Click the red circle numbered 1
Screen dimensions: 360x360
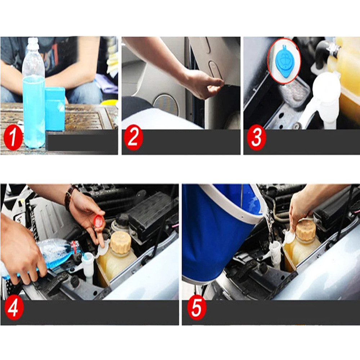coord(13,139)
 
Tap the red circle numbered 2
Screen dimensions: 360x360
coord(134,139)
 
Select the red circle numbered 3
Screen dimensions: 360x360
coord(256,139)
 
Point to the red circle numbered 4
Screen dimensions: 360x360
coord(14,310)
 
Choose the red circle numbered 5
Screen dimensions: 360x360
coord(197,309)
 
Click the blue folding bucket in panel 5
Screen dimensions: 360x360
coord(216,230)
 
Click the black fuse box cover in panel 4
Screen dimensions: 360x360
coord(149,212)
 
